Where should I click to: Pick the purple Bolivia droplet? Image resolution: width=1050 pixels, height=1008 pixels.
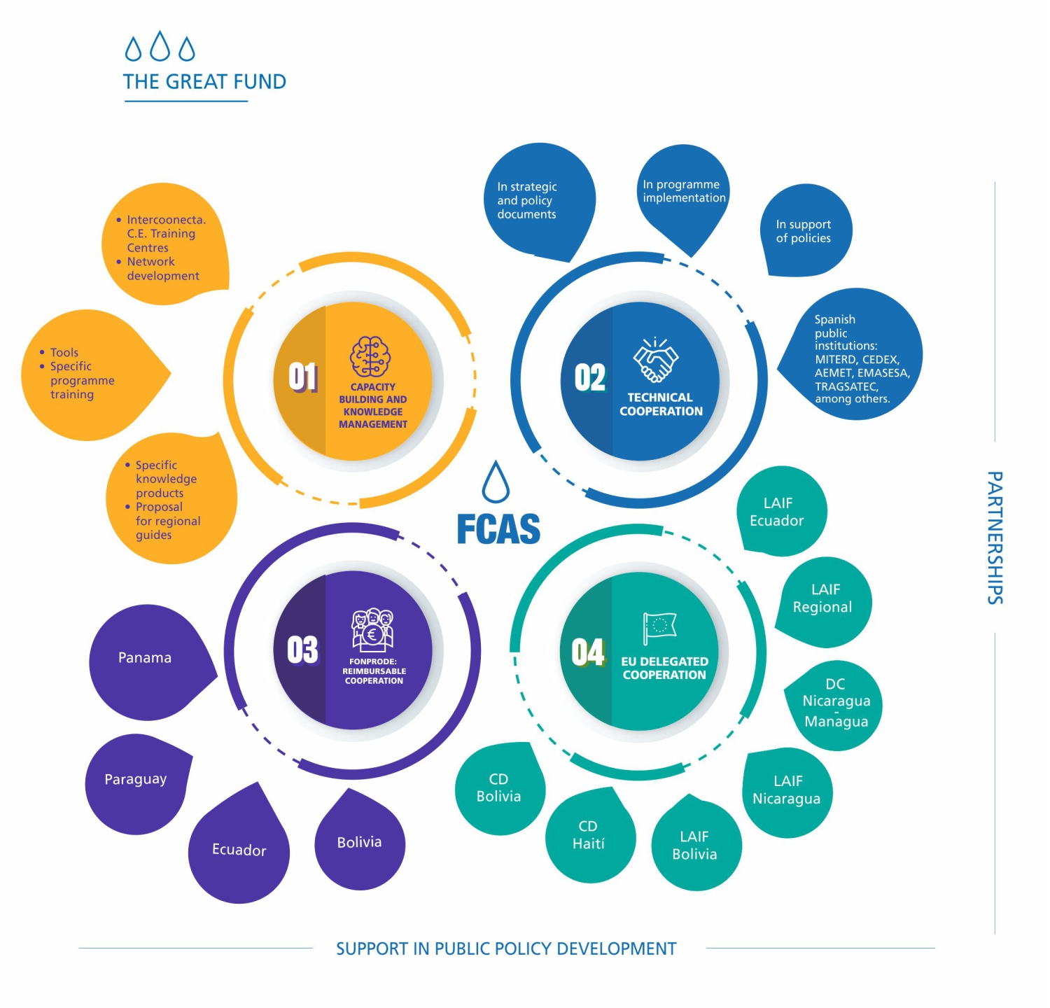coord(360,841)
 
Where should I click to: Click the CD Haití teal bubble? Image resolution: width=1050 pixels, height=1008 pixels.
coord(590,836)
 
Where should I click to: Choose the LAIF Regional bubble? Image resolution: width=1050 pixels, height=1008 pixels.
coord(825,602)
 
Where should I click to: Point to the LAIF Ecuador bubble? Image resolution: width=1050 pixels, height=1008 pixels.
coord(781,511)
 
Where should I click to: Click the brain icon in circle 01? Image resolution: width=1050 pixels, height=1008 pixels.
coord(370,356)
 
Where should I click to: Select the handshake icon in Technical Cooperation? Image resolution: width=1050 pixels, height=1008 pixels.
coord(656,359)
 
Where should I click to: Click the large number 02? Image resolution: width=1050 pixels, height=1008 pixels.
coord(589,378)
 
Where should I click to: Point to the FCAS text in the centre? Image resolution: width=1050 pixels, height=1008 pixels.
coord(498,528)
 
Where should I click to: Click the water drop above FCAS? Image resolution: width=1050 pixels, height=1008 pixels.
coord(496,482)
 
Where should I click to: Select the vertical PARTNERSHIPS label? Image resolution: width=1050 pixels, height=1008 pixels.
coord(995,538)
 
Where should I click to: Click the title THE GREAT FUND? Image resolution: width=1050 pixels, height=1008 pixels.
coord(204,82)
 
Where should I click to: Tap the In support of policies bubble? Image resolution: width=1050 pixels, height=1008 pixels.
coord(806,230)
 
